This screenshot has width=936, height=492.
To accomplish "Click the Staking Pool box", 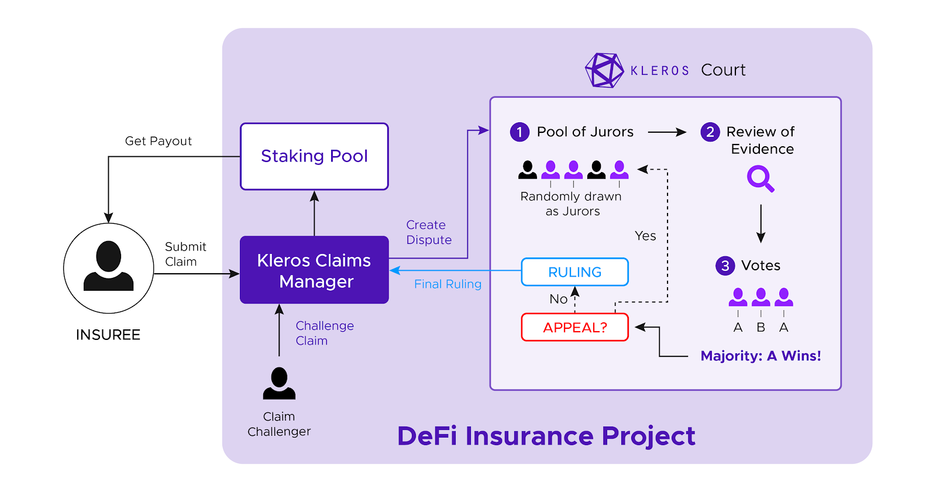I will [x=314, y=156].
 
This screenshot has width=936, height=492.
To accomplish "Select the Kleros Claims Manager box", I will [x=314, y=270].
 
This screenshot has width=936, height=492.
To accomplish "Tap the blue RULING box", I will [x=574, y=272].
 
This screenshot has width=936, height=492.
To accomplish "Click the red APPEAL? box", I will [x=574, y=327].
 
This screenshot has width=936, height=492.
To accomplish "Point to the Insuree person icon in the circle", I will [x=108, y=267].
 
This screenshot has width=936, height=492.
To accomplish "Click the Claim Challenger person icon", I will [x=279, y=383].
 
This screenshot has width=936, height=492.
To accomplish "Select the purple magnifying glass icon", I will [x=760, y=178].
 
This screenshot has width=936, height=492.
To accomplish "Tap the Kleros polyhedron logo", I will [x=604, y=70].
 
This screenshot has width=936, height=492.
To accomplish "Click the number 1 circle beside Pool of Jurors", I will [x=519, y=132].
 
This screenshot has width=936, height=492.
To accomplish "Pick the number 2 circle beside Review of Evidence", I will [x=710, y=132].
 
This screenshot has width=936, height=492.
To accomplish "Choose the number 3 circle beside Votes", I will [x=725, y=266].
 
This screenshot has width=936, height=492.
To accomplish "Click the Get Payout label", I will [x=158, y=141].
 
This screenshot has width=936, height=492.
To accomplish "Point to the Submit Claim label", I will [x=185, y=254].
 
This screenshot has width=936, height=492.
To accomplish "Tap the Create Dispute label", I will [x=428, y=232].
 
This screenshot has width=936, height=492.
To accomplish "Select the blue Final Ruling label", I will [x=448, y=284].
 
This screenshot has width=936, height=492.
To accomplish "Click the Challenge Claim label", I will [x=324, y=333].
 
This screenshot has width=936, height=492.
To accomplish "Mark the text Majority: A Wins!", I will [x=760, y=356].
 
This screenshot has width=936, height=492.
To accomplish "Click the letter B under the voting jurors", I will [x=760, y=328].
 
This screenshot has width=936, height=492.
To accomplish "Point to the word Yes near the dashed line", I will [x=645, y=236].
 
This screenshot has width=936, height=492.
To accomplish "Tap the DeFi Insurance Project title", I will [x=546, y=436].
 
